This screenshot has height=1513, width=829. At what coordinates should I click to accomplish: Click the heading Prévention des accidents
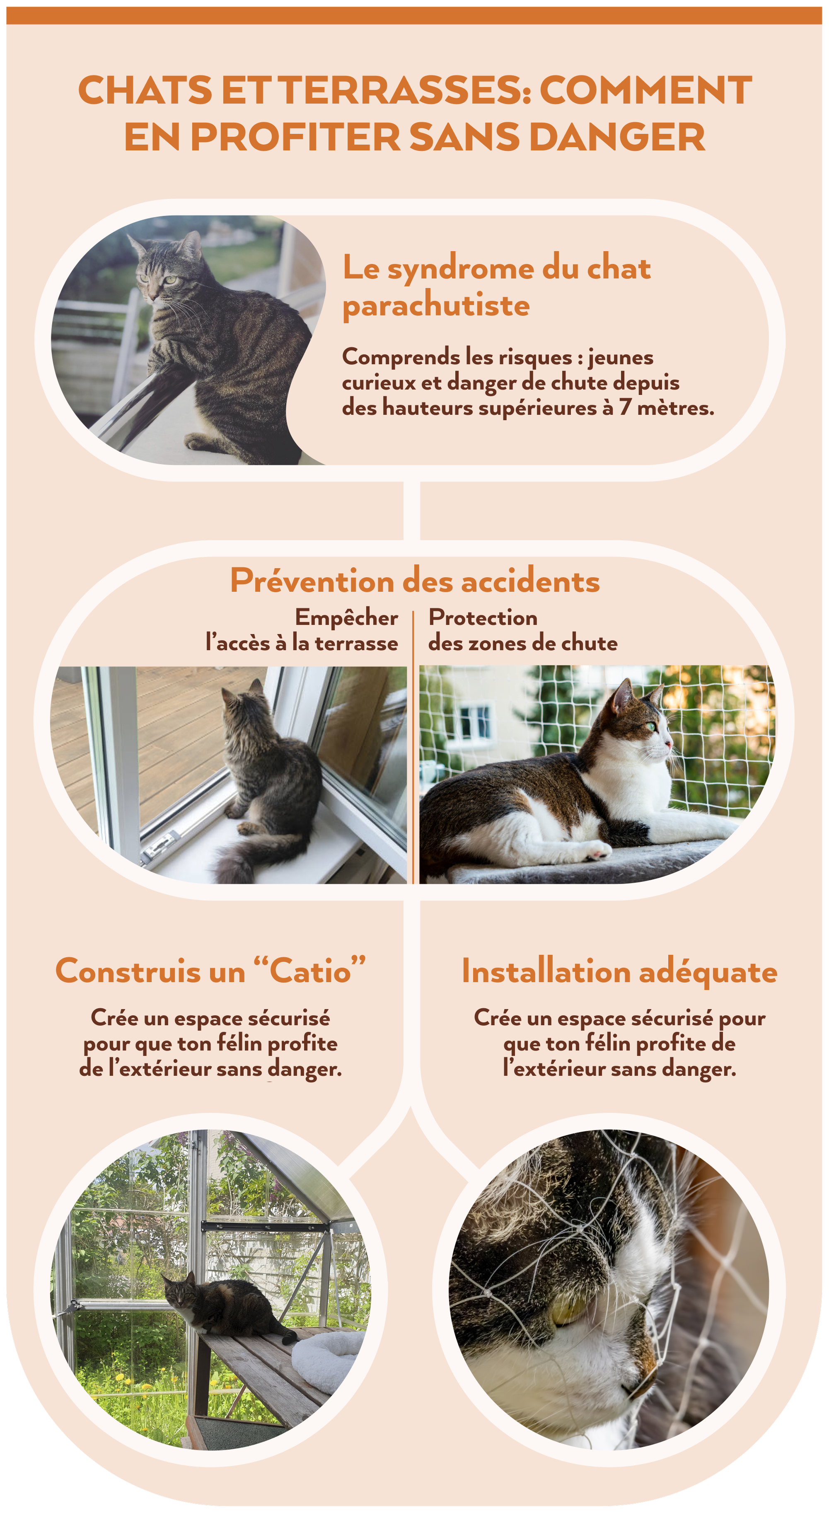[414, 581]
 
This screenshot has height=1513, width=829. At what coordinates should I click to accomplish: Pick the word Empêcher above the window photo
[346, 618]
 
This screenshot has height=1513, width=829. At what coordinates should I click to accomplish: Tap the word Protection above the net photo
[483, 617]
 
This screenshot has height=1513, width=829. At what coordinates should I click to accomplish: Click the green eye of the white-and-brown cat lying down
[650, 727]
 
